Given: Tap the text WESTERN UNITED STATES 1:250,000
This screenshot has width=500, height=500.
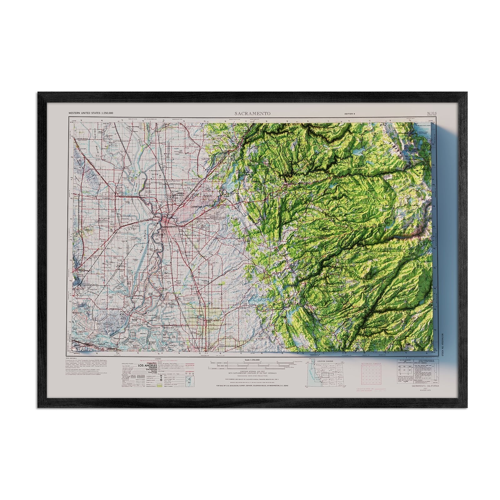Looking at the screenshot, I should pos(91,113).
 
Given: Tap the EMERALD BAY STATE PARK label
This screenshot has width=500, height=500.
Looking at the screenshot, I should pos(424,133).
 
